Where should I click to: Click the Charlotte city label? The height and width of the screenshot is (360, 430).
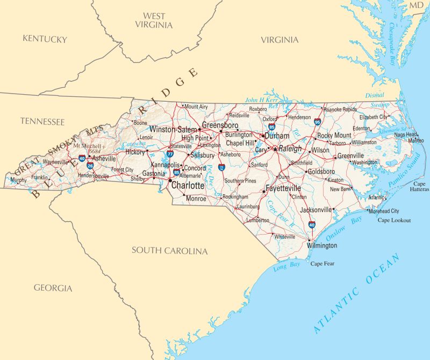(x=188, y=186)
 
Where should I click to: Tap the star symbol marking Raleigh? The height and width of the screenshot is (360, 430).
(x=275, y=149)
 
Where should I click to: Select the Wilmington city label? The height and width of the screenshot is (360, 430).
(x=322, y=246)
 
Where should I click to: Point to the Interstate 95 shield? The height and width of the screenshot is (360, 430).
(x=318, y=123)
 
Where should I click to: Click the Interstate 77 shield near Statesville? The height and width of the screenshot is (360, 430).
(x=169, y=154)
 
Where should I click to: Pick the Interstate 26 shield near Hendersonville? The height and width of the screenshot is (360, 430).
(x=90, y=166)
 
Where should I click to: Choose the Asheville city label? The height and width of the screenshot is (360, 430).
(x=104, y=159)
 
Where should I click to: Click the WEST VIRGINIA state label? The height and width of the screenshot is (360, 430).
(x=154, y=20)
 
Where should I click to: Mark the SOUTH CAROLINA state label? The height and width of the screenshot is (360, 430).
(x=170, y=251)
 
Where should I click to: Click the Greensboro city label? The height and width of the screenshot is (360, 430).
(x=220, y=125)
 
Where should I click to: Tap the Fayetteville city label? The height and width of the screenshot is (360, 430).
(x=283, y=189)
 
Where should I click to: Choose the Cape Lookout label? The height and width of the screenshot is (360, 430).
(x=394, y=220)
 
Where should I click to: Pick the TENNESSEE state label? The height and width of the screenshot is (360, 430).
(x=42, y=122)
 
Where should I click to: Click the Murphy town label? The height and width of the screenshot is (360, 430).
(x=18, y=180)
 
